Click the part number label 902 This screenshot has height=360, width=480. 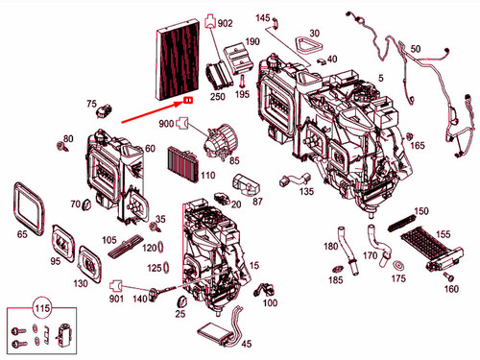pyautogui.click(x=226, y=22)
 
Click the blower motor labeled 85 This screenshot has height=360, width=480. pyautogui.click(x=215, y=141)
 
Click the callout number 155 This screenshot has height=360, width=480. pyautogui.click(x=442, y=233)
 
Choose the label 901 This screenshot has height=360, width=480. pyautogui.click(x=116, y=299)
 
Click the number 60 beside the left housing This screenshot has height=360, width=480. pyautogui.click(x=150, y=149)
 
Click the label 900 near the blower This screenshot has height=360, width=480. pyautogui.click(x=166, y=125)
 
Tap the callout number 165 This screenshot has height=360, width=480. pyautogui.click(x=419, y=145)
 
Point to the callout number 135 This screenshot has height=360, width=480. pyautogui.click(x=305, y=192)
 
